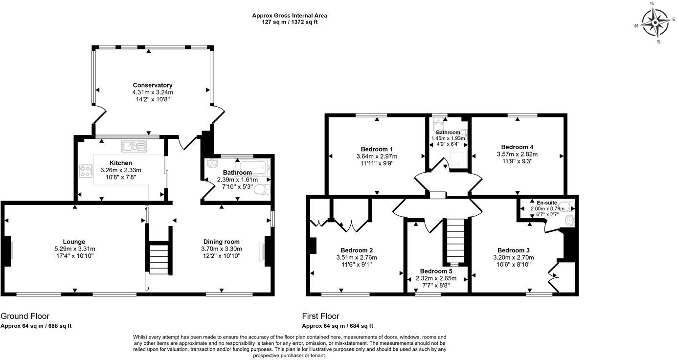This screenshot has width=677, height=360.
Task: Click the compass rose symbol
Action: (655, 22)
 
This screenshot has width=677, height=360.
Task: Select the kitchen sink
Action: (134, 146)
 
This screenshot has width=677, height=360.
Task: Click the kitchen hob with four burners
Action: (86, 171)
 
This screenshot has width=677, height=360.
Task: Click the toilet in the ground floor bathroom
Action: (262, 189)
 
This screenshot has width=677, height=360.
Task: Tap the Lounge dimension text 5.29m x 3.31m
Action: (75, 249)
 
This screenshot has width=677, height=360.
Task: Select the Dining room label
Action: (222, 242)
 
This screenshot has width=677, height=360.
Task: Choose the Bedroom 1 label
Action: (377, 149)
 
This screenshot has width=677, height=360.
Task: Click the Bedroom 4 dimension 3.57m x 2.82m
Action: (517, 155)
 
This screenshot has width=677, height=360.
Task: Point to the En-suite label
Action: (547, 203)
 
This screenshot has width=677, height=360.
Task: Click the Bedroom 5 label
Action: (436, 271)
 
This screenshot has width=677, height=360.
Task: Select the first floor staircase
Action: (455, 241)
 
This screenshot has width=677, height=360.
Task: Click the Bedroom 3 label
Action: (514, 250)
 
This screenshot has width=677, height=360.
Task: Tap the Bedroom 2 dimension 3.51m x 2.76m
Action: (357, 258)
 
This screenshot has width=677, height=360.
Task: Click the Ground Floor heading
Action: (25, 316)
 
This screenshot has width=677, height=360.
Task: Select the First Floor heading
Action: (321, 316)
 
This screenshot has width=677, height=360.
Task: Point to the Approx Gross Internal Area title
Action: (290, 16)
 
